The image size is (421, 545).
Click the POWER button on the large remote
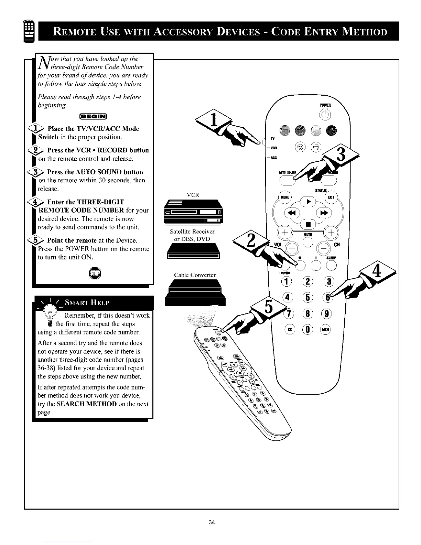(x=325, y=115)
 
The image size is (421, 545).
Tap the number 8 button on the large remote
(x=309, y=314)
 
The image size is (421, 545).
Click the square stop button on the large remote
(x=309, y=225)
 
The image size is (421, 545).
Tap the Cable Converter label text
(x=195, y=275)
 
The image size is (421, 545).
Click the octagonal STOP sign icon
(x=93, y=274)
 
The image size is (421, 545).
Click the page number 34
(x=212, y=523)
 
